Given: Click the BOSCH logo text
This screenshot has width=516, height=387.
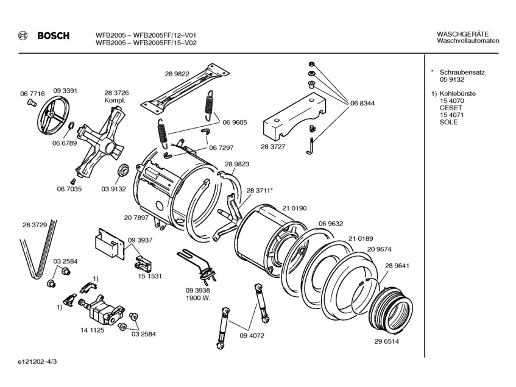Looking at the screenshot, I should click(x=54, y=36).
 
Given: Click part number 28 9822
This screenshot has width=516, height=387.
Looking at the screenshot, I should click(x=177, y=74).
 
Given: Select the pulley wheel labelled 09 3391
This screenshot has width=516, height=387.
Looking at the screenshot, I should click(x=52, y=116).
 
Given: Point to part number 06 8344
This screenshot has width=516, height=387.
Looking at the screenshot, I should click(x=362, y=103).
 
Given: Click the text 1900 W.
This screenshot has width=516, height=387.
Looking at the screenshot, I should click(x=198, y=299).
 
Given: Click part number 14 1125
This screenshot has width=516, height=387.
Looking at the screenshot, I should click(x=91, y=330).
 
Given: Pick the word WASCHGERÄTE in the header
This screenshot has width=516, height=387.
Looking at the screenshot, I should click(x=464, y=34).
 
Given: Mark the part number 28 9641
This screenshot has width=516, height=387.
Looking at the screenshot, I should click(x=397, y=266).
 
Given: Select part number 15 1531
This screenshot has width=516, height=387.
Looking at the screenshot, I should click(x=150, y=276).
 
